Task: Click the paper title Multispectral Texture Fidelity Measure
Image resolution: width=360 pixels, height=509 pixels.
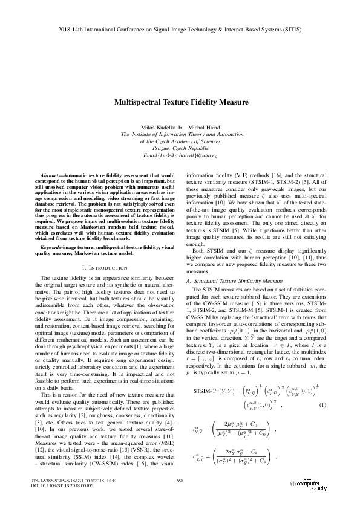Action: pos(180,103)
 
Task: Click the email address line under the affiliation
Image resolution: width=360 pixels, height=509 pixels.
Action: pos(180,156)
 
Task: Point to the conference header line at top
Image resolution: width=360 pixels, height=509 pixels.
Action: pos(180,28)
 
